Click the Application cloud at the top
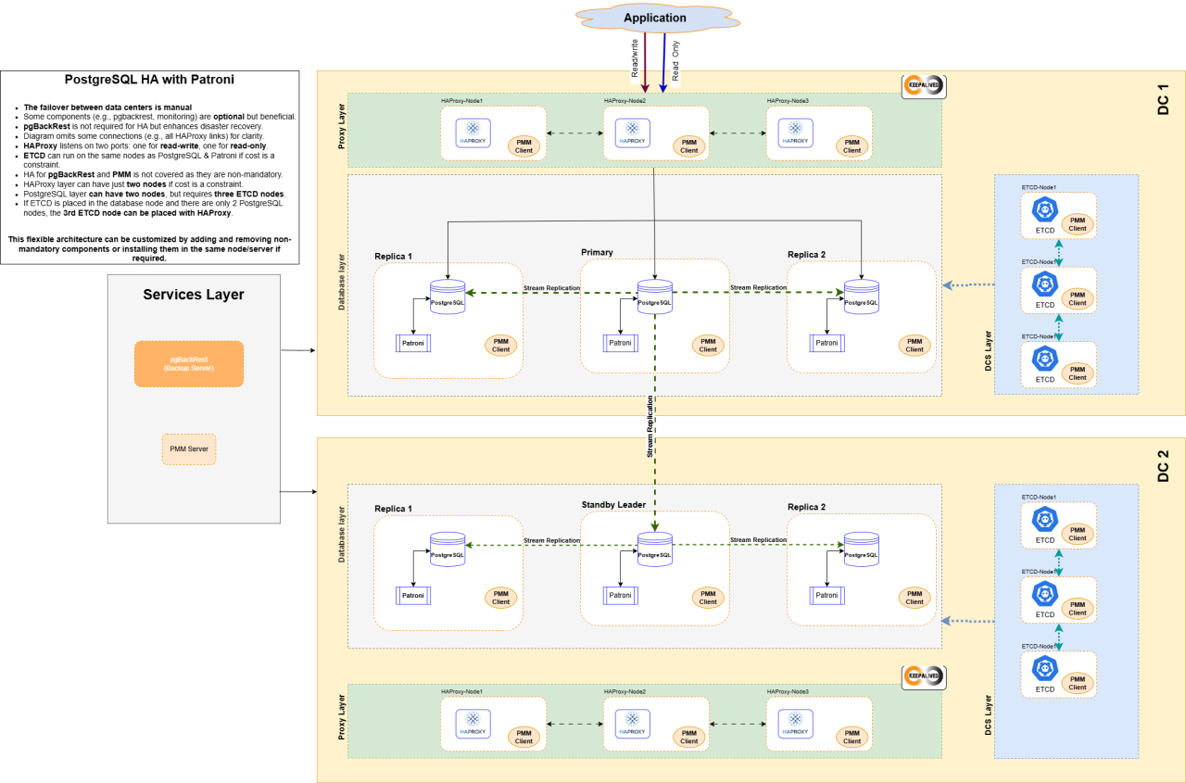655,18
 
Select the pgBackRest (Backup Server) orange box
188,363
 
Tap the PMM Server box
189,448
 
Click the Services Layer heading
193,295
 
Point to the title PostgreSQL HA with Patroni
149,80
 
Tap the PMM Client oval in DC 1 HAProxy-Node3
852,145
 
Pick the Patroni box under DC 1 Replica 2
826,343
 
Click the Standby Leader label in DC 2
613,505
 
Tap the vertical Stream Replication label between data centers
650,426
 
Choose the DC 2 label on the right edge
1163,466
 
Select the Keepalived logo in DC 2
923,676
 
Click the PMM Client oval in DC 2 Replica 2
915,597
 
